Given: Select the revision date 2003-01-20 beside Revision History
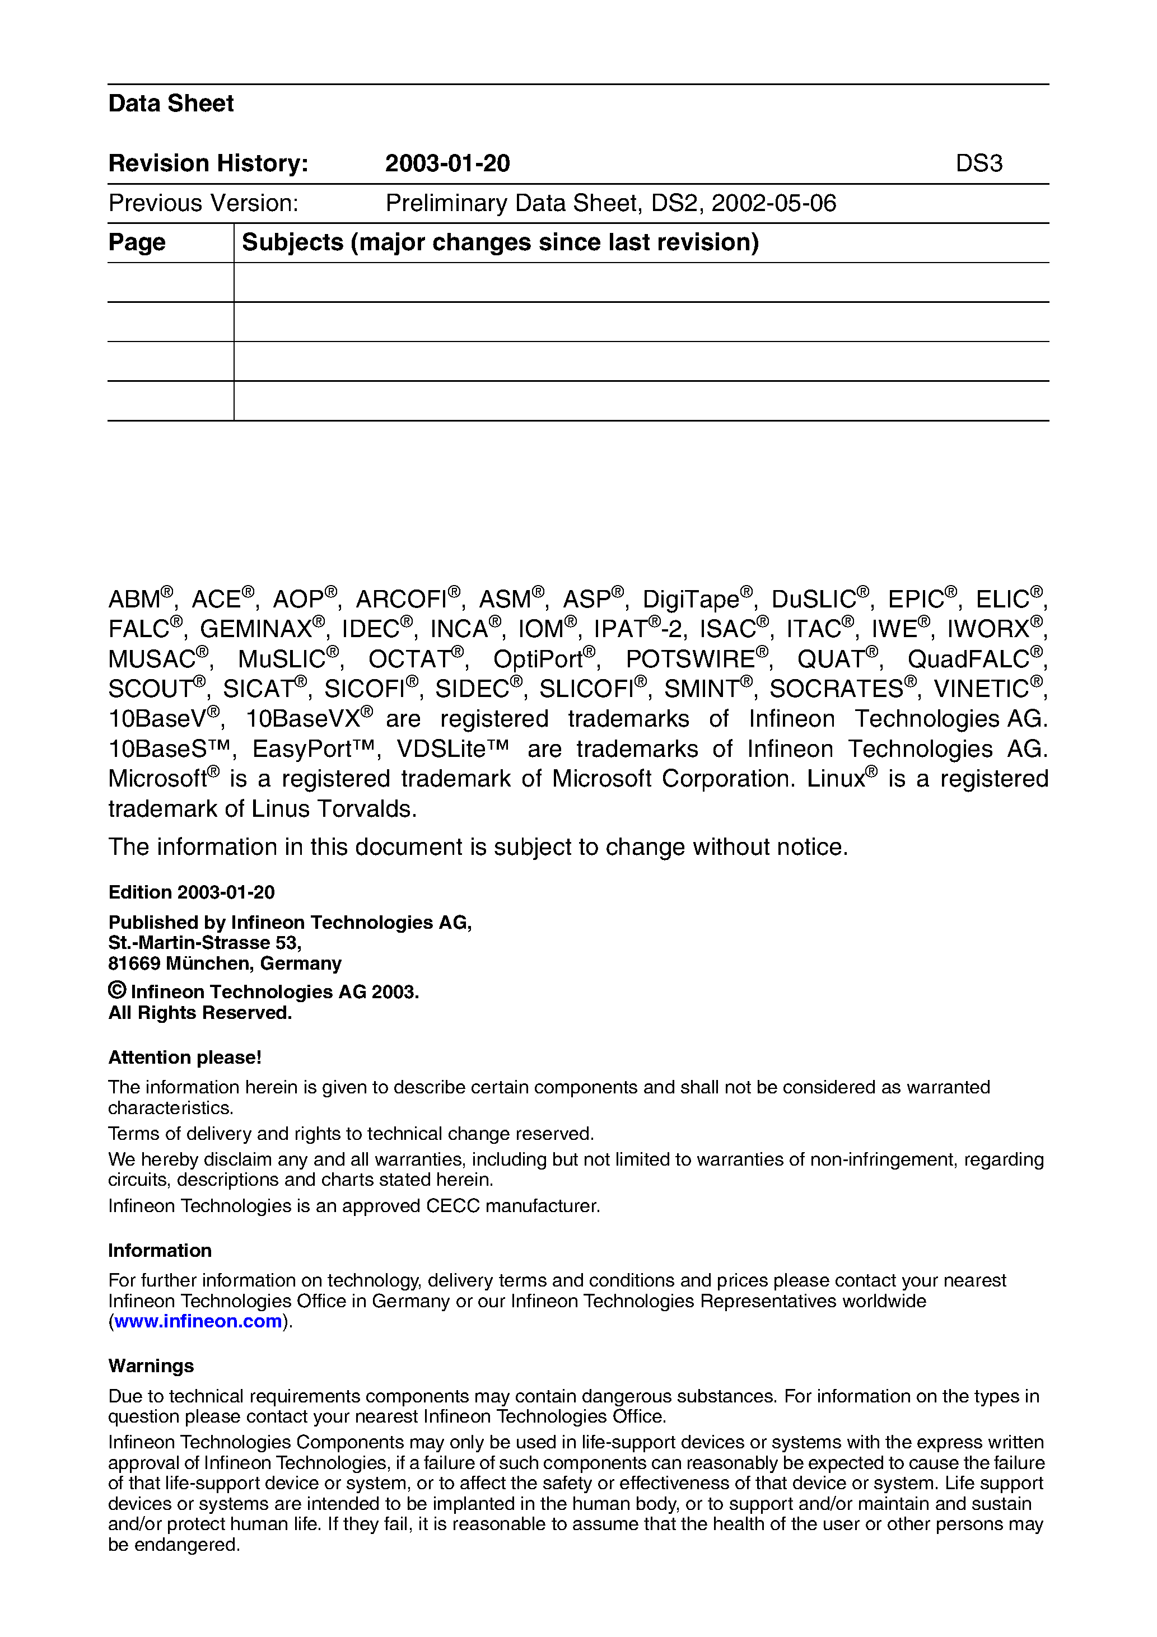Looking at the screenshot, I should click(447, 163).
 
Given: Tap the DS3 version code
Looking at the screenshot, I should click(979, 163).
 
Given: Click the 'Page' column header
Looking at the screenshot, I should click(137, 242).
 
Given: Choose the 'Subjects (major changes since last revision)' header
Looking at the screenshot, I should click(500, 242).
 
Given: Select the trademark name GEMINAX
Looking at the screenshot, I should click(255, 629).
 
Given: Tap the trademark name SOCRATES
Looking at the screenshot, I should click(836, 689).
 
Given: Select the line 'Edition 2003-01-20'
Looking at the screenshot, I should click(191, 892).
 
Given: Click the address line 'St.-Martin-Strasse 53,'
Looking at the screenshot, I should click(205, 943).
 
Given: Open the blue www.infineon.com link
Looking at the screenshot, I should click(198, 1321).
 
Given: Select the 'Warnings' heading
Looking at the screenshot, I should click(151, 1365).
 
